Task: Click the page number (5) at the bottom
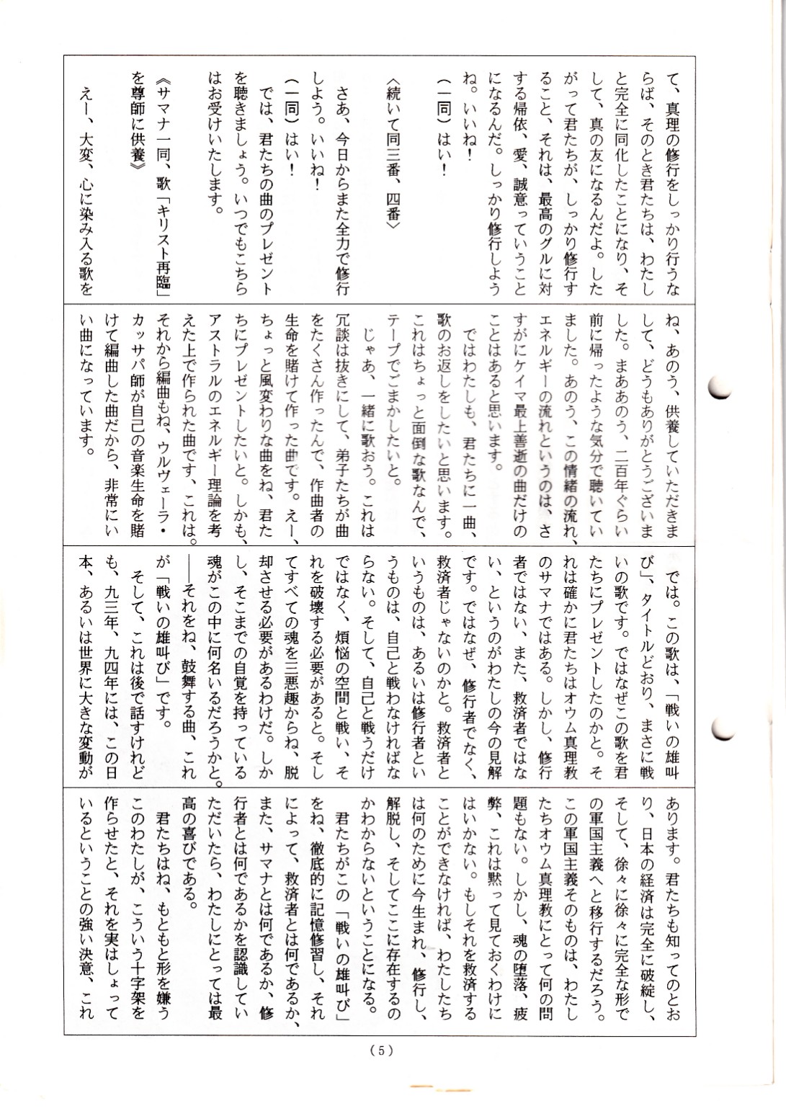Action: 382,1050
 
